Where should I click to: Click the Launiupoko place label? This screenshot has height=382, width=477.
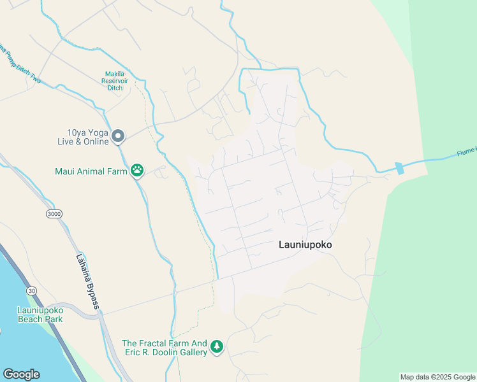click(x=305, y=244)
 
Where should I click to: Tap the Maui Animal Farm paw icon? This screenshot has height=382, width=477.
click(x=137, y=170)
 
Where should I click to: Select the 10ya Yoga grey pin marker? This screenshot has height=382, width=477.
click(x=118, y=136)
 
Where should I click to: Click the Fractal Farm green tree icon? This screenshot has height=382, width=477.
click(x=217, y=346)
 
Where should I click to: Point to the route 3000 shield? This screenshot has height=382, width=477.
click(x=54, y=214)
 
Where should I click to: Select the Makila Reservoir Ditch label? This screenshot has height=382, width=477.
click(x=115, y=80)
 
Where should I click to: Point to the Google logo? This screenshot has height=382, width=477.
click(x=21, y=374)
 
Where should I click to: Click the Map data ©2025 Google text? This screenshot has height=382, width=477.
click(x=437, y=377)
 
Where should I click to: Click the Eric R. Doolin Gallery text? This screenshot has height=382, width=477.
click(x=165, y=352)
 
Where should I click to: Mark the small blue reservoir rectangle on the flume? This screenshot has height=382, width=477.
click(x=399, y=168)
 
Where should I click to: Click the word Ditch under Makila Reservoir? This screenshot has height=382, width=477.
click(x=115, y=88)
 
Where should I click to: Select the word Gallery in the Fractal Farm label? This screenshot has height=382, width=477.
click(x=193, y=352)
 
